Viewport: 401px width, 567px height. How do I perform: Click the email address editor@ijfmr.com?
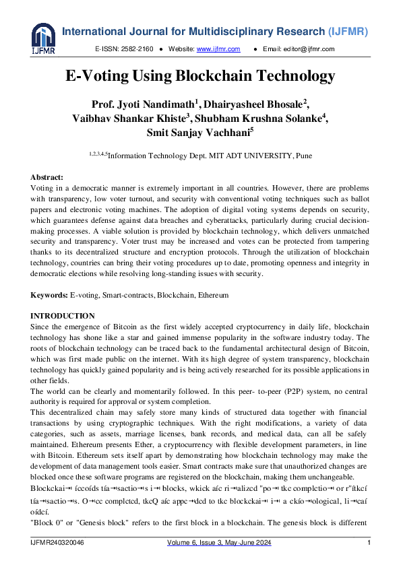(313, 49)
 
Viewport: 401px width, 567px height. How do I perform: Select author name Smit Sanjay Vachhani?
(200, 133)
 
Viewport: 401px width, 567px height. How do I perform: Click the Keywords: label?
(49, 295)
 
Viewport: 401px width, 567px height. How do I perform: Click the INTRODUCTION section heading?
(63, 316)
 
